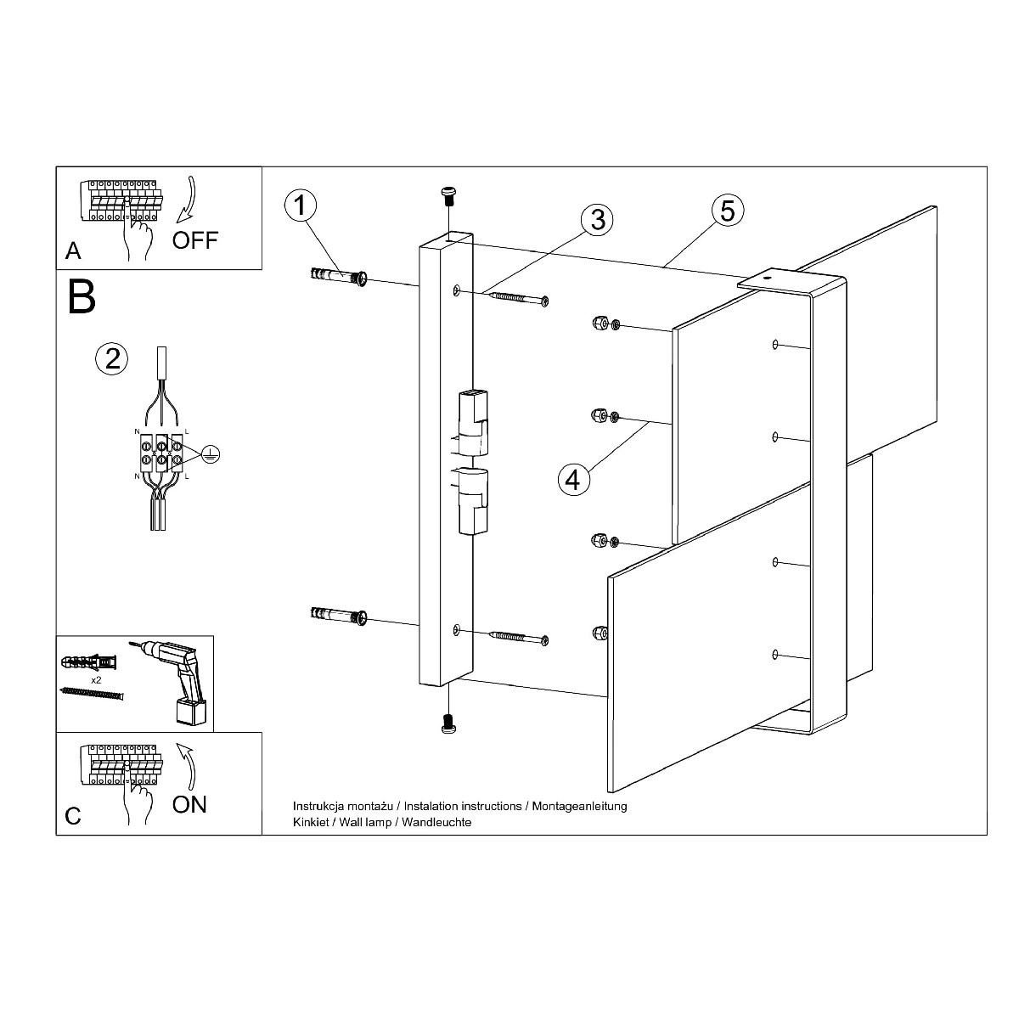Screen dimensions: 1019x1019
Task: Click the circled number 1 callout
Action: click(x=301, y=205)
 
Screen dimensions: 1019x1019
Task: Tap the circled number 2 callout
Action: click(x=111, y=359)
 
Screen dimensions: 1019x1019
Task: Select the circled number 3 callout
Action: click(x=597, y=219)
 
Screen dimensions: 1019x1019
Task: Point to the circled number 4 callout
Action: click(x=574, y=480)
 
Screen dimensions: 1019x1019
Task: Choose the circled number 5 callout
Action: click(x=728, y=211)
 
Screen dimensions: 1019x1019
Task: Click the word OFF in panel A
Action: click(x=195, y=240)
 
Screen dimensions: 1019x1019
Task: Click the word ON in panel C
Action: click(x=189, y=804)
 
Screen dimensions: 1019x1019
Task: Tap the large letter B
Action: click(x=82, y=297)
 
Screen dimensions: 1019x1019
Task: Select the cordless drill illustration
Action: click(x=169, y=680)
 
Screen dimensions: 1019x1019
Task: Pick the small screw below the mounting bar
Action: click(x=448, y=723)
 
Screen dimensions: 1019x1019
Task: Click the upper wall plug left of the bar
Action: click(x=339, y=276)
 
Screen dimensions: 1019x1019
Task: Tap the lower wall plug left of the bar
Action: click(x=339, y=615)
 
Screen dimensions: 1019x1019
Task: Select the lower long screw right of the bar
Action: click(x=520, y=637)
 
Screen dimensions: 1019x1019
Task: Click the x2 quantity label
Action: click(x=96, y=680)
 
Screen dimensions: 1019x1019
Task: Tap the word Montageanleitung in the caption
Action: click(x=580, y=807)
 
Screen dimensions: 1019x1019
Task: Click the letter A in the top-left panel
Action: click(x=73, y=251)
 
